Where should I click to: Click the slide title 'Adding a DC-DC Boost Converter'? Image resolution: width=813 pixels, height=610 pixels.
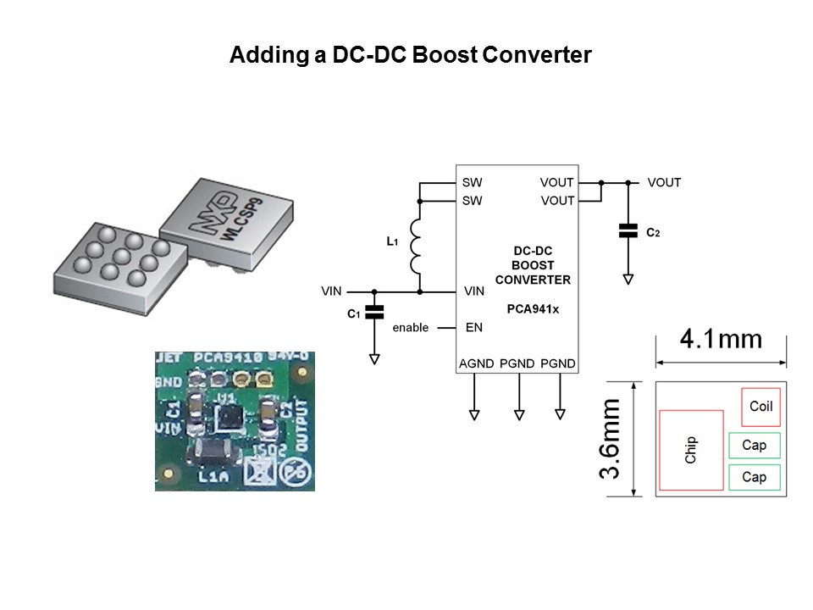click(x=410, y=56)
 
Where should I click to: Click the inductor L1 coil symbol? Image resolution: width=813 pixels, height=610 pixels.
click(x=416, y=246)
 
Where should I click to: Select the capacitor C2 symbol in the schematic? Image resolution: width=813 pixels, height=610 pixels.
click(x=628, y=231)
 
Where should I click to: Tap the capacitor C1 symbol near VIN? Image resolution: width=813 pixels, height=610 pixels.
click(x=373, y=313)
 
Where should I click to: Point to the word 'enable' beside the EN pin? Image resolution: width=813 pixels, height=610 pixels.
click(x=410, y=328)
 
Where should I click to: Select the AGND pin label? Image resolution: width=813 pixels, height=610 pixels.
click(x=475, y=363)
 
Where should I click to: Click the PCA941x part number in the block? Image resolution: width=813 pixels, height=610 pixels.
click(x=532, y=309)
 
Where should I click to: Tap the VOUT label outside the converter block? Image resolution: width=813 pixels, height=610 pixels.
click(x=664, y=182)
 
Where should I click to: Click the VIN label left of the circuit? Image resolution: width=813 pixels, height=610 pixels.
click(x=331, y=291)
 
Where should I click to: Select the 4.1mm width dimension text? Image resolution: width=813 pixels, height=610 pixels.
click(x=721, y=340)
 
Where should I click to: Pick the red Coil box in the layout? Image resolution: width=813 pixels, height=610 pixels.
click(x=760, y=406)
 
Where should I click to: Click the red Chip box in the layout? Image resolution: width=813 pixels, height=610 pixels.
click(x=690, y=450)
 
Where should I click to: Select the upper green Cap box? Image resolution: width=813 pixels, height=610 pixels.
click(x=754, y=445)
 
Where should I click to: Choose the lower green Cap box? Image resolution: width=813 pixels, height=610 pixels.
click(x=754, y=477)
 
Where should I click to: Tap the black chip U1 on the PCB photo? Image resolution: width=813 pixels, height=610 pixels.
click(x=229, y=416)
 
